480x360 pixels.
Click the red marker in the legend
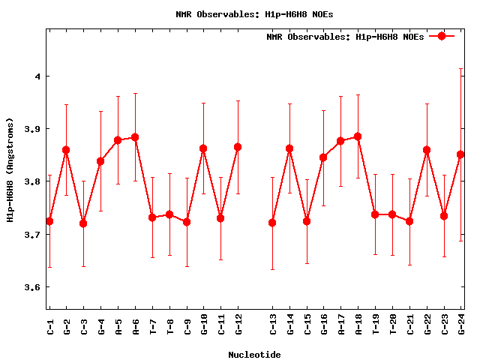pyautogui.click(x=442, y=36)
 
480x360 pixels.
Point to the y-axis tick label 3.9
pyautogui.click(x=32, y=129)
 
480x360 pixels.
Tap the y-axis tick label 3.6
pyautogui.click(x=32, y=287)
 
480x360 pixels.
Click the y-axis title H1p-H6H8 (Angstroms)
pyautogui.click(x=10, y=169)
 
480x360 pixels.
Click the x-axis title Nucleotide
pyautogui.click(x=255, y=355)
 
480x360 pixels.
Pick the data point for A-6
pyautogui.click(x=135, y=137)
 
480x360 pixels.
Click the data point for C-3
pyautogui.click(x=83, y=223)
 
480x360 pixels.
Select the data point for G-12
pyautogui.click(x=238, y=147)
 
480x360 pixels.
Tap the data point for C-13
pyautogui.click(x=272, y=223)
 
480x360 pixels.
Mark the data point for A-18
pyautogui.click(x=358, y=136)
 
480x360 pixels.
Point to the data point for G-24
pyautogui.click(x=460, y=154)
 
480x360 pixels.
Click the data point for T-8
pyautogui.click(x=169, y=214)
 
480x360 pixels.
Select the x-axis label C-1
pyautogui.click(x=49, y=326)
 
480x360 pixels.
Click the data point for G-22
pyautogui.click(x=427, y=150)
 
